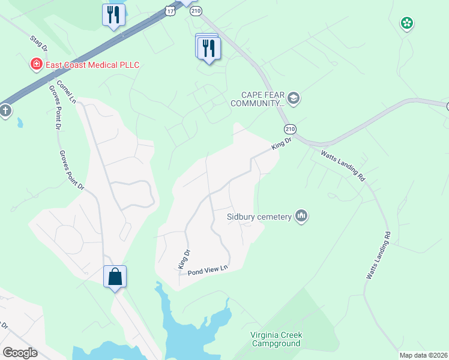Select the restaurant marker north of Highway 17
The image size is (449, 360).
tap(113, 14)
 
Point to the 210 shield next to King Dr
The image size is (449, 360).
tap(291, 129)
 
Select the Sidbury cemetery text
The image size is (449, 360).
tap(259, 217)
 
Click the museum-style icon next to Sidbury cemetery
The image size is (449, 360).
tap(301, 216)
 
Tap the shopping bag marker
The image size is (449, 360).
tap(115, 277)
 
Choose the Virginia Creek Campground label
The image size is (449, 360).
tap(276, 339)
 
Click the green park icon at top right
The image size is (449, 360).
tap(407, 23)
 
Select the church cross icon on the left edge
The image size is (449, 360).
tap(5, 111)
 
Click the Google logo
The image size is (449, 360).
tap(20, 353)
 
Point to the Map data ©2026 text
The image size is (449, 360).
tap(423, 355)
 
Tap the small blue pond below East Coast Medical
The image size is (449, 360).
tap(20, 123)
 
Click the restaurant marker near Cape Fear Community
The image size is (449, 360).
tap(209, 48)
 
